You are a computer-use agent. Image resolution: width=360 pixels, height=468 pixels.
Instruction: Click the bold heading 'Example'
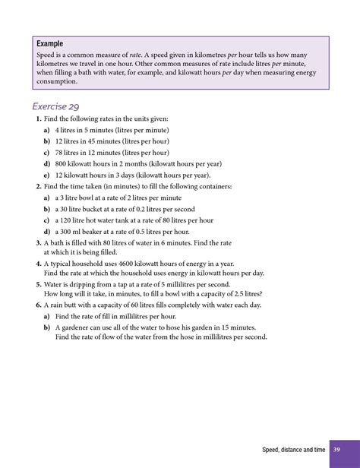click(50, 44)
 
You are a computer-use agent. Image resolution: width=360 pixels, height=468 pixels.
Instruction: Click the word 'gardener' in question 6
click(76, 327)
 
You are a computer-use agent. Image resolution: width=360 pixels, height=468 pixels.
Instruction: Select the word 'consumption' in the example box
click(56, 81)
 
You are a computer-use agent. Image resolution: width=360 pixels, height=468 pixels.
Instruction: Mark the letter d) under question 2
click(47, 231)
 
